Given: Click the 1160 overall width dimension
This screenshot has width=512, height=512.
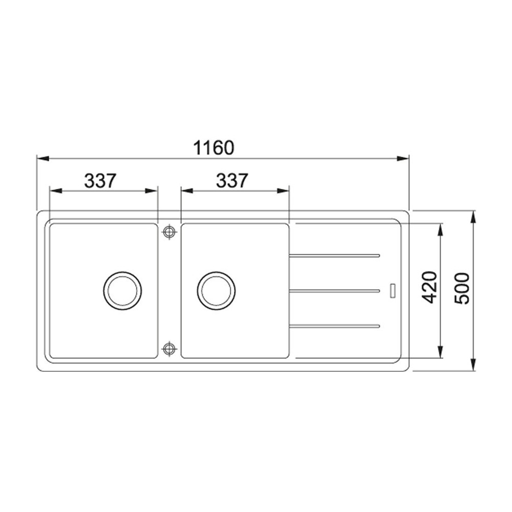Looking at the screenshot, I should pyautogui.click(x=214, y=147).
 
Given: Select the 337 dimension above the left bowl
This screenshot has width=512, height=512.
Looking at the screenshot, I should pyautogui.click(x=101, y=180).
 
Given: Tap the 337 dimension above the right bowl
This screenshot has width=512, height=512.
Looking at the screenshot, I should pyautogui.click(x=232, y=180).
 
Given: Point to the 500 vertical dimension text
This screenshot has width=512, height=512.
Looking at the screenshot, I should pyautogui.click(x=462, y=288).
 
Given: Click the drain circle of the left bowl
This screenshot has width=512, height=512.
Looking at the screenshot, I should pyautogui.click(x=122, y=290).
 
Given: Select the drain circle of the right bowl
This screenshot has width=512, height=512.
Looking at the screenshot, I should pyautogui.click(x=216, y=290).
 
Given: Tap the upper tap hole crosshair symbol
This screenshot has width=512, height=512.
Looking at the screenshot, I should pyautogui.click(x=169, y=232).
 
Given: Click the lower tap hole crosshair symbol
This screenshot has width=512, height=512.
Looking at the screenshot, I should pyautogui.click(x=169, y=349).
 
